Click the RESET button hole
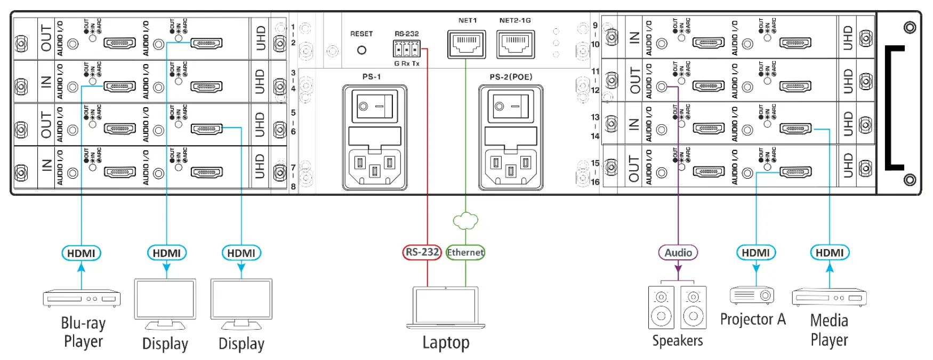point(361,50)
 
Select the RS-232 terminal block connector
point(407,49)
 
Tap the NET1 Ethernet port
point(466,44)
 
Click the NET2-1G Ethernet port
point(516,44)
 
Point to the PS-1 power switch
point(375,107)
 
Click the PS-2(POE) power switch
point(511,107)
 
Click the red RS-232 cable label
point(422,252)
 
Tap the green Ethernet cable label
point(465,252)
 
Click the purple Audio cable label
point(678,253)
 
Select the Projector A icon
point(752,295)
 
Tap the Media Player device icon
point(829,297)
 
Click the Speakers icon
point(677,307)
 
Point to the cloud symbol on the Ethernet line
point(465,221)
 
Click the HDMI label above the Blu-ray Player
point(81,253)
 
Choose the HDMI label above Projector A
point(755,253)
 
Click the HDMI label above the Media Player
point(830,253)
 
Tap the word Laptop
point(446,342)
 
